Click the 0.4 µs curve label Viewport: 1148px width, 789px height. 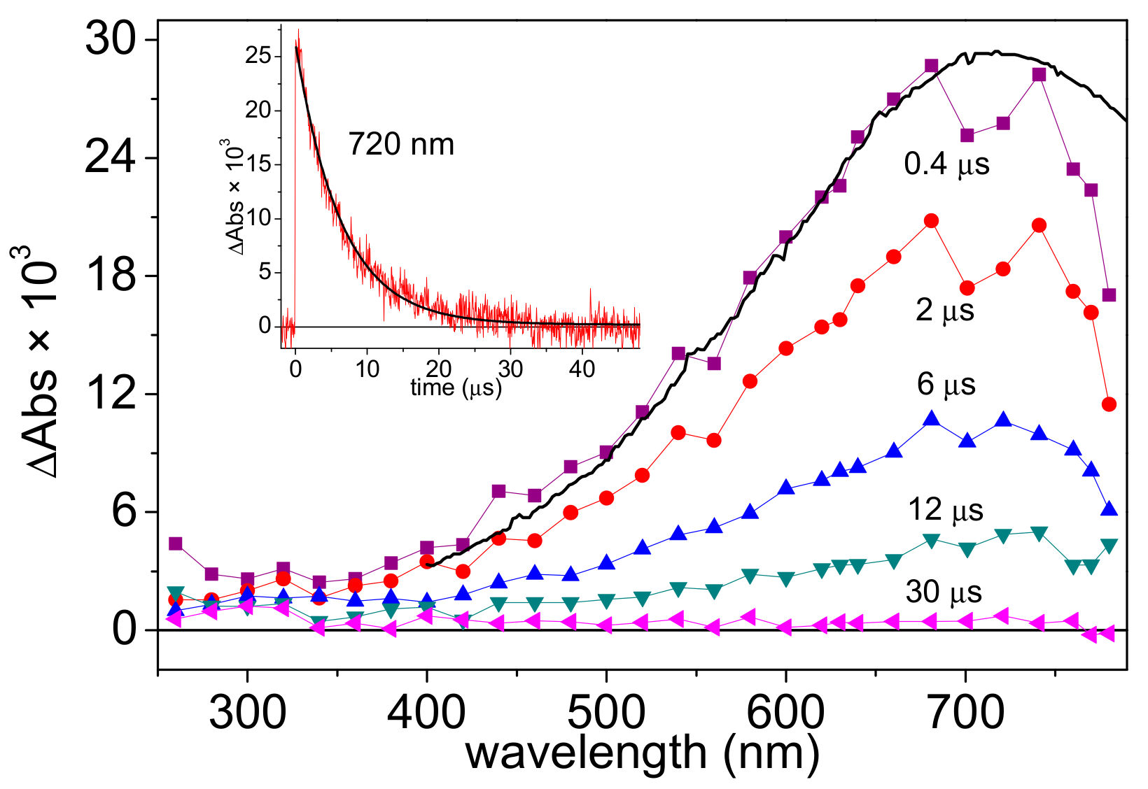tap(946, 164)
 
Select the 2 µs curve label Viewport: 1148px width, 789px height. tap(944, 310)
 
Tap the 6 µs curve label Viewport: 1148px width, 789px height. tap(946, 385)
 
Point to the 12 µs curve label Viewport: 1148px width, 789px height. tap(945, 510)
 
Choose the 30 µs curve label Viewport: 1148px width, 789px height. tap(943, 592)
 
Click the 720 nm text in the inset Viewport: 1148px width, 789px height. tap(401, 145)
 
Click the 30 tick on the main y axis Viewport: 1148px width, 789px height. tap(110, 40)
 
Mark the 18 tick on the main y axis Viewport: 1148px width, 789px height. tap(110, 276)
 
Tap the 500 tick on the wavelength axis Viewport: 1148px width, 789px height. tap(606, 713)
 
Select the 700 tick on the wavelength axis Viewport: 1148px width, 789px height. tap(966, 713)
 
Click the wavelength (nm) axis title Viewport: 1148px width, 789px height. tap(642, 754)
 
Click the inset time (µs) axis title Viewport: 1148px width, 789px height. tap(456, 387)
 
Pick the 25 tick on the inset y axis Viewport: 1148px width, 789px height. tap(258, 55)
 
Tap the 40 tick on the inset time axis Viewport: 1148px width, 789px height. tap(582, 369)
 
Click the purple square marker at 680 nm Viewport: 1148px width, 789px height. tap(931, 66)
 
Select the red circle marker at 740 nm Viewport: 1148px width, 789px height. tap(1039, 225)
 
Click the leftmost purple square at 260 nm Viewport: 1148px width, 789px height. tap(176, 543)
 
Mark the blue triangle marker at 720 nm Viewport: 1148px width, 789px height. tap(1003, 420)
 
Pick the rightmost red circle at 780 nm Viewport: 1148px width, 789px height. tap(1109, 404)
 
